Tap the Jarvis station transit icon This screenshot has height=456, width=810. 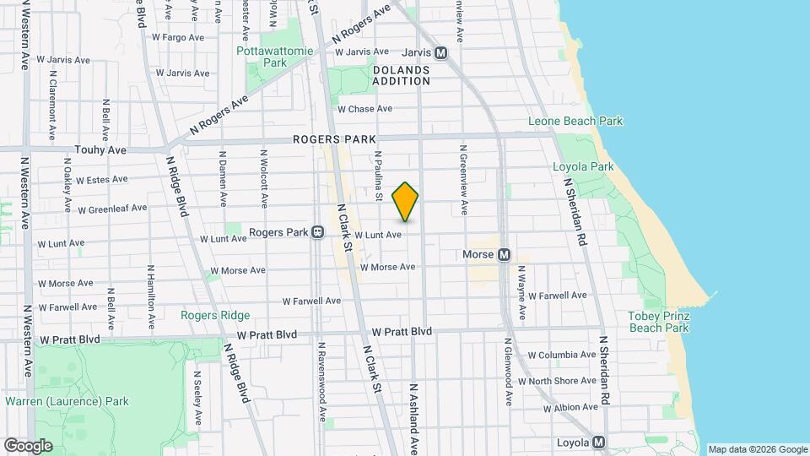tap(440, 52)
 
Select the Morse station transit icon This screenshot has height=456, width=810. tap(504, 254)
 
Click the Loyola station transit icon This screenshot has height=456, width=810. tap(598, 441)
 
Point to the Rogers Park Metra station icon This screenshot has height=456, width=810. tap(318, 232)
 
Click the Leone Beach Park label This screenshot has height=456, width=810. tap(575, 121)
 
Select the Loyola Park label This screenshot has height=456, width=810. tap(583, 166)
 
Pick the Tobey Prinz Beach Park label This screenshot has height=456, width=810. tap(659, 322)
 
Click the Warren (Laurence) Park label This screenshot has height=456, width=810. tap(66, 400)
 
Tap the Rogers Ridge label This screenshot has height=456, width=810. tap(215, 315)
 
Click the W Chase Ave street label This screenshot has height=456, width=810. tap(364, 109)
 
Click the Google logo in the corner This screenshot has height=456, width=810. tap(28, 445)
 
